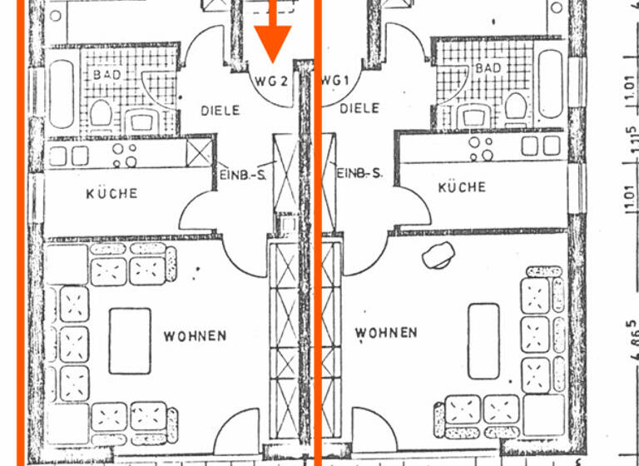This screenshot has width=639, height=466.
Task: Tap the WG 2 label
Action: [x=271, y=82]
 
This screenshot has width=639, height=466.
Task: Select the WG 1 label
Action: [x=334, y=81]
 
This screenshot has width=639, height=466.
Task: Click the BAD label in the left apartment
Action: [x=107, y=75]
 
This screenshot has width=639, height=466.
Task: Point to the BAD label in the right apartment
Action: [x=489, y=67]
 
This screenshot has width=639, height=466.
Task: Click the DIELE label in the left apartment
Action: [x=220, y=111]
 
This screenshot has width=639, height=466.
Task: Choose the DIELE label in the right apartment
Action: [x=359, y=108]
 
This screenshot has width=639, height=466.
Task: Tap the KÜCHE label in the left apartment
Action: [x=111, y=194]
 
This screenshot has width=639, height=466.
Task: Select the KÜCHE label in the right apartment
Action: [x=462, y=188]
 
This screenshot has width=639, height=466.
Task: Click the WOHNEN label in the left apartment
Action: [x=195, y=336]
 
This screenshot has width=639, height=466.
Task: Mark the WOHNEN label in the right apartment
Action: [x=386, y=333]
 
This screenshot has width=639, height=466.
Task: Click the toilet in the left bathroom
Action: [x=102, y=112]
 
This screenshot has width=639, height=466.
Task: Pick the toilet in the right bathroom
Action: [x=516, y=106]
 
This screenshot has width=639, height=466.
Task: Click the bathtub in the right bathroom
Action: [x=550, y=83]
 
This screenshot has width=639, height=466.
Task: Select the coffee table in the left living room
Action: [x=131, y=340]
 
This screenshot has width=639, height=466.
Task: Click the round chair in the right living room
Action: [x=437, y=256]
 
